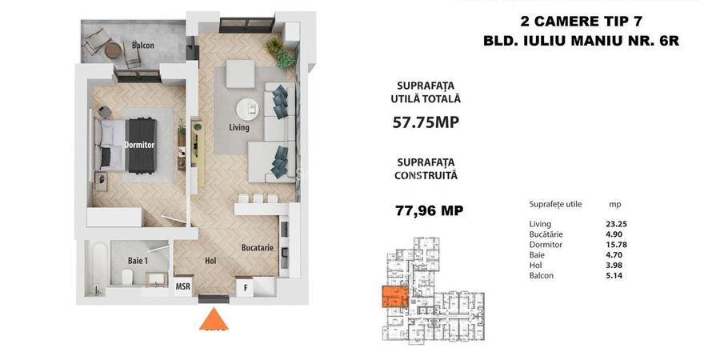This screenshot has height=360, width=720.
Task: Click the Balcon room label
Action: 143,46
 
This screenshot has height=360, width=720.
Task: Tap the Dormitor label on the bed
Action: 139,145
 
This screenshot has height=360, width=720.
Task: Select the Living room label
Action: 238,127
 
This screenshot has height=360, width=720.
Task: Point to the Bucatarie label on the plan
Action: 258,248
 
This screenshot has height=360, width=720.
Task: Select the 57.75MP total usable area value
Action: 426,122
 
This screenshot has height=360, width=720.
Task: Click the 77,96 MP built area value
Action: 430,211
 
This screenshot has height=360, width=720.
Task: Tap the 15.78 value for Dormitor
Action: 618,244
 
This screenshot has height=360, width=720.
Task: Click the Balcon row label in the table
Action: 542,275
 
